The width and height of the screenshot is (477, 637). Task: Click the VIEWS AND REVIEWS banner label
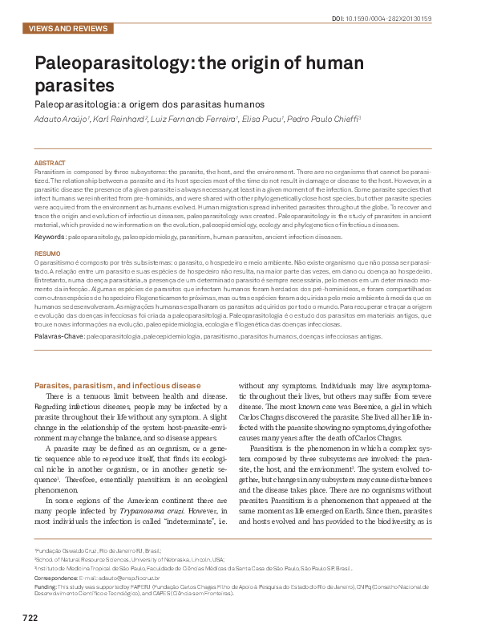[x=67, y=28]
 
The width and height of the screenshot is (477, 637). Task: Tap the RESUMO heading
[x=47, y=253]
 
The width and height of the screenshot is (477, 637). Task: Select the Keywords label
[x=51, y=237]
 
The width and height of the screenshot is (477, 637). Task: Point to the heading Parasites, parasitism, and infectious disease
[x=117, y=386]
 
